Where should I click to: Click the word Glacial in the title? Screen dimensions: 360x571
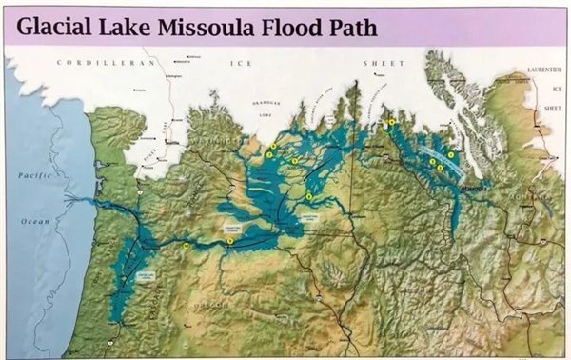pyautogui.click(x=59, y=28)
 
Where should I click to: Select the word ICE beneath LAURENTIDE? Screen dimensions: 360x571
pyautogui.click(x=550, y=90)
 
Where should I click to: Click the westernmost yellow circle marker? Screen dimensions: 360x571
pyautogui.click(x=187, y=246)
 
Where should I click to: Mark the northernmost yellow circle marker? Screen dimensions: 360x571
pyautogui.click(x=391, y=122)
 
